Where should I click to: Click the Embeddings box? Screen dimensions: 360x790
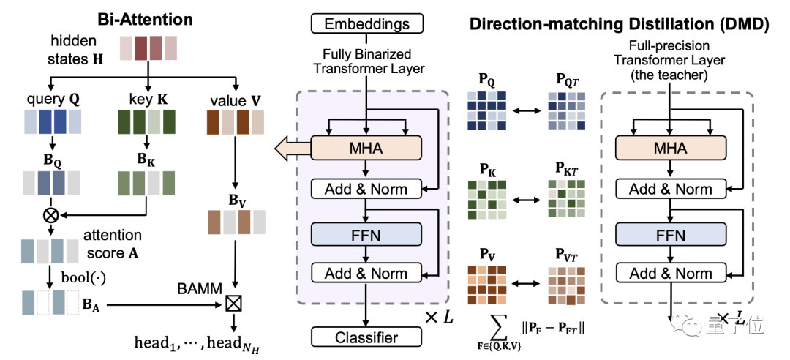[368, 24]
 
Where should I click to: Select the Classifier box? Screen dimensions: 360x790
[366, 337]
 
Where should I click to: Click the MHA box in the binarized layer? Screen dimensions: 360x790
[366, 149]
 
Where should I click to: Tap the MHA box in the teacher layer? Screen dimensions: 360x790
[670, 149]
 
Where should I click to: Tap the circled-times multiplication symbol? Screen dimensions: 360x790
[51, 215]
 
